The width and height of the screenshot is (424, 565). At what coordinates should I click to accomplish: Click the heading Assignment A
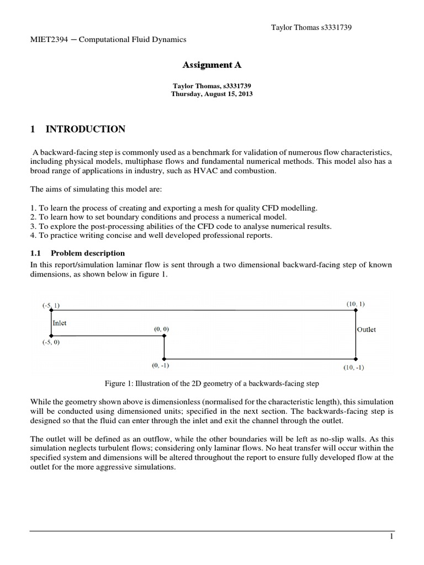point(212,65)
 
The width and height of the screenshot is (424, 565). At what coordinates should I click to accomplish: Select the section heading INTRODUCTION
point(85,130)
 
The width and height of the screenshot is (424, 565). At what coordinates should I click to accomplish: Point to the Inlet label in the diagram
point(60,323)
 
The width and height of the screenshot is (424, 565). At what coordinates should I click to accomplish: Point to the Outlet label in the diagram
point(367,329)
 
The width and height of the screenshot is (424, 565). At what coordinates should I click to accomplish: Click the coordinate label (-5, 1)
point(51,305)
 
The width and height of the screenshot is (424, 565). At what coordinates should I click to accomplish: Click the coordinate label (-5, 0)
point(51,342)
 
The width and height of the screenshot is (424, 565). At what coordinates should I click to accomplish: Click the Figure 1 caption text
point(212,382)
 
